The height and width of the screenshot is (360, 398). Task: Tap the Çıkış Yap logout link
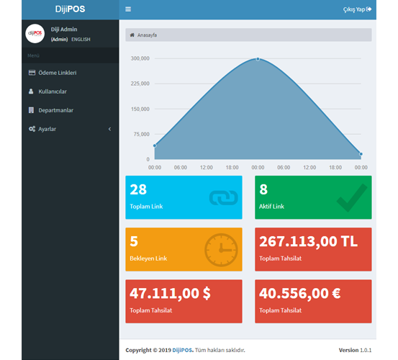click(x=357, y=9)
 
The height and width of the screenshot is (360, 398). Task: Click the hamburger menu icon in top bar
click(x=128, y=9)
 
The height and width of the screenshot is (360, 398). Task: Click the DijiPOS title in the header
click(x=70, y=9)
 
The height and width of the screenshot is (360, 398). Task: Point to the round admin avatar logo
click(x=35, y=34)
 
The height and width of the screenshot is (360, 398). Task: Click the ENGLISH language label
click(x=81, y=39)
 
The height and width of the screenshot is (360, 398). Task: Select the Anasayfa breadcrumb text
click(x=147, y=35)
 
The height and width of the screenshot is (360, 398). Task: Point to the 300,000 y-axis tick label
click(x=139, y=58)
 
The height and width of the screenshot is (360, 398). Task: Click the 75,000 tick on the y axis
click(x=140, y=134)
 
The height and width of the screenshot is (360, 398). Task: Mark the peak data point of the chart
click(x=258, y=59)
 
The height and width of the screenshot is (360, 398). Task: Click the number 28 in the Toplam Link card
click(x=138, y=189)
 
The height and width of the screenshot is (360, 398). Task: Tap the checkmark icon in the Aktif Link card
click(x=351, y=197)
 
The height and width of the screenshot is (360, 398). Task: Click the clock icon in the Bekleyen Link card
click(x=221, y=249)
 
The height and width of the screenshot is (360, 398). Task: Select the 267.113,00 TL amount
click(x=308, y=242)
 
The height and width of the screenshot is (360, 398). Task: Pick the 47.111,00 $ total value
click(x=170, y=294)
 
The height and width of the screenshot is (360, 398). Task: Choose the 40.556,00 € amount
click(x=300, y=294)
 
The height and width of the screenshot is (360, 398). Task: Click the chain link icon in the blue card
click(x=222, y=197)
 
